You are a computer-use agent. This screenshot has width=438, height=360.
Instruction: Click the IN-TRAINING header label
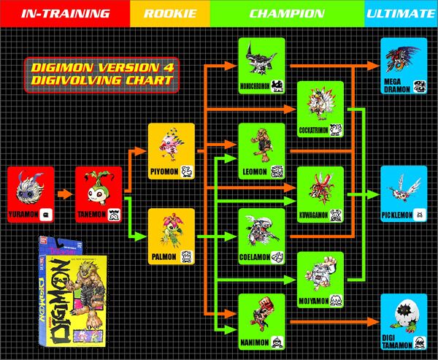64,13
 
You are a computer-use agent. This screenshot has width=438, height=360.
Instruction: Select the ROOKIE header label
169,13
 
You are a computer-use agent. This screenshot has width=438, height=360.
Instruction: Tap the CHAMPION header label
287,13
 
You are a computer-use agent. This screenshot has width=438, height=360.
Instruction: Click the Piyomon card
172,153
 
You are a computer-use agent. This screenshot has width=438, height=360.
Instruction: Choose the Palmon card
172,237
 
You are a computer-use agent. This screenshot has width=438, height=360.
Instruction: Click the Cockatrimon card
321,110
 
